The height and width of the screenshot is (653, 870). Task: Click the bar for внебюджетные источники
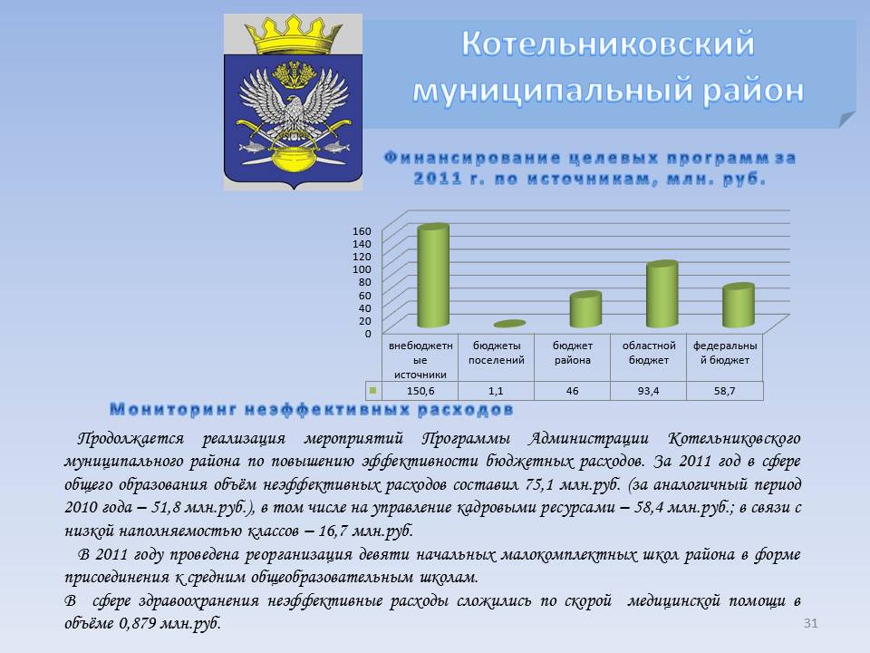click(x=433, y=276)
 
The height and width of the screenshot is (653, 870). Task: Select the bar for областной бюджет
click(x=662, y=294)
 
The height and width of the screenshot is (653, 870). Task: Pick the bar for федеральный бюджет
click(x=739, y=305)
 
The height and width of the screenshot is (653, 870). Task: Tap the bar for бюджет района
click(x=585, y=308)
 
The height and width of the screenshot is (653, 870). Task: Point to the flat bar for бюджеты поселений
click(x=509, y=324)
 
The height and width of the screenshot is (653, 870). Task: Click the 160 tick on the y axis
click(x=362, y=231)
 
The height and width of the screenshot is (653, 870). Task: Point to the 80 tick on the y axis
click(x=364, y=282)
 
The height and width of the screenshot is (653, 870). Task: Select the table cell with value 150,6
click(x=420, y=391)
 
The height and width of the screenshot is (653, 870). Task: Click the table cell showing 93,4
click(x=648, y=391)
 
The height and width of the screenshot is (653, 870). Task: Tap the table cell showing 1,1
click(x=496, y=391)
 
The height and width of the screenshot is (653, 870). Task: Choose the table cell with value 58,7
click(x=725, y=391)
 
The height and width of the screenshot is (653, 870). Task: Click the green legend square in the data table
click(x=372, y=390)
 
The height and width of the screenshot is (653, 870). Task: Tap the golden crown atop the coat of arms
click(x=293, y=35)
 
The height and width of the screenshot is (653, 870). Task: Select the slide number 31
click(x=810, y=623)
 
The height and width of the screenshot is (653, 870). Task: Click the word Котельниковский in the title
click(x=608, y=44)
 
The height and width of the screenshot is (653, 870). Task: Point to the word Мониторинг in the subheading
click(x=174, y=410)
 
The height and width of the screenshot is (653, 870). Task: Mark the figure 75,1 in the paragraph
click(x=539, y=484)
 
